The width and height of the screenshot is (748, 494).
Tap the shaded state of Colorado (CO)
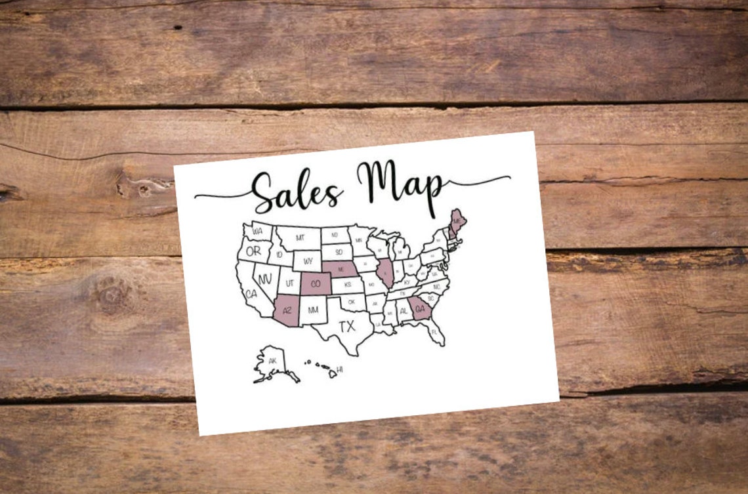point(316,284)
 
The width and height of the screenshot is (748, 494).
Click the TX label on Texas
point(346,326)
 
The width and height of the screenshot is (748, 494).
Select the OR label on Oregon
point(253,251)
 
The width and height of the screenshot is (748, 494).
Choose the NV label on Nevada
point(265,279)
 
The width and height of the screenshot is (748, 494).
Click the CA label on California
point(251,295)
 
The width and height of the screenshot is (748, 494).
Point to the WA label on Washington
point(257,231)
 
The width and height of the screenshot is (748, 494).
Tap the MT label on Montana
point(299,237)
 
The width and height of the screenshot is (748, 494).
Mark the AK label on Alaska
point(272,361)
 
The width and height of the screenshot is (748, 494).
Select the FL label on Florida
point(434,332)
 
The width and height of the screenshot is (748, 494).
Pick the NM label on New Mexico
point(313,310)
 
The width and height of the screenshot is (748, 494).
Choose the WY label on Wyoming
point(307,261)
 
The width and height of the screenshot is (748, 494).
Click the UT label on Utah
point(289,284)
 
